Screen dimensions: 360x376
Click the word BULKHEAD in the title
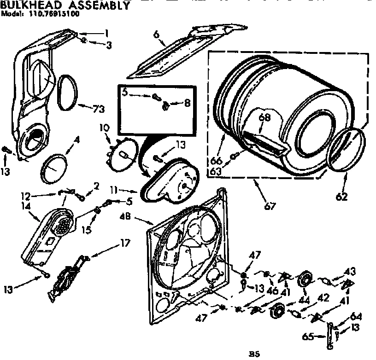pos(30,6)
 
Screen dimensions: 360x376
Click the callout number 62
pos(341,197)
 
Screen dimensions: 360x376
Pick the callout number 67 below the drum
pos(270,206)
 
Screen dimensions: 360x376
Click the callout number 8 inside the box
pos(187,104)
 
